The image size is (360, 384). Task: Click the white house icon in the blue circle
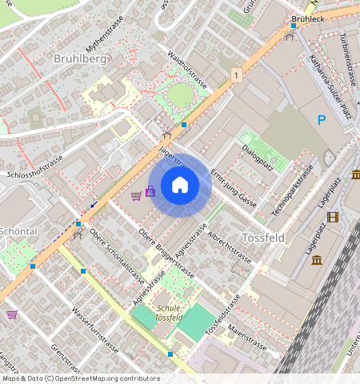[x=180, y=186]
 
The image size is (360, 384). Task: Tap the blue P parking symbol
[x=322, y=121]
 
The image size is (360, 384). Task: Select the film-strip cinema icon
[x=333, y=217]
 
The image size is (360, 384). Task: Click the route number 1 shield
[x=237, y=74]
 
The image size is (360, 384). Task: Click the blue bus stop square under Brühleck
[x=293, y=26]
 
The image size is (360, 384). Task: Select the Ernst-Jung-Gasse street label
[x=233, y=188]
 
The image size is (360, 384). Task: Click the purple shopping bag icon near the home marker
[x=150, y=191]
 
